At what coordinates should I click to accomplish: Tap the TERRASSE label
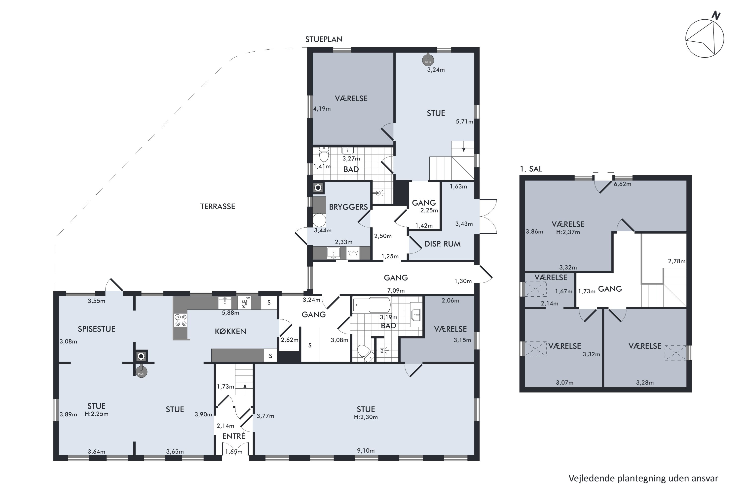point(218,207)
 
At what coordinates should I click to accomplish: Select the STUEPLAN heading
point(324,39)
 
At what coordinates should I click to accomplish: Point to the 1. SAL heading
point(531,169)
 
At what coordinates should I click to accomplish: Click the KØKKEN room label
point(230,331)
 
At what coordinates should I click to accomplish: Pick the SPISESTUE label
point(97,329)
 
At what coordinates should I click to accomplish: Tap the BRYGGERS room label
point(348,207)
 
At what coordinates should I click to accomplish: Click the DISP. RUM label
point(442,244)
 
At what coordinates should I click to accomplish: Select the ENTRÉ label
point(234,436)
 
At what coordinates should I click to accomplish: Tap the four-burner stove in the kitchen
point(181,320)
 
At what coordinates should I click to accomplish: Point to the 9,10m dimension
point(366,450)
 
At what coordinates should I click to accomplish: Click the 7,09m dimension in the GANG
point(396,290)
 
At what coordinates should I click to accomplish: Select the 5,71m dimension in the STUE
point(464,122)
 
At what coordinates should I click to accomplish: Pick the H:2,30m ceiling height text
point(366,417)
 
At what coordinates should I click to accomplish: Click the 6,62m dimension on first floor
point(622,184)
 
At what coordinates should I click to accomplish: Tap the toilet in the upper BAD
point(324,154)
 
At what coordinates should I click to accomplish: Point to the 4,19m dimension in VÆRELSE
point(322,109)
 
